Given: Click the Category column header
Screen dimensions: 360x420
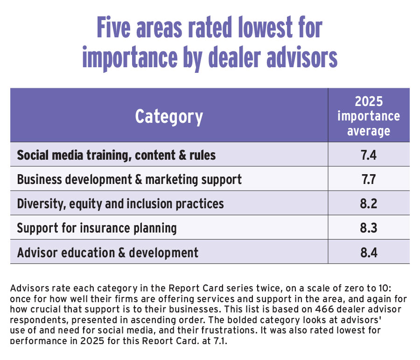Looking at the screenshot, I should pyautogui.click(x=169, y=116).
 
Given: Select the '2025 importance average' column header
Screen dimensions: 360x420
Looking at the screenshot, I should pyautogui.click(x=369, y=116).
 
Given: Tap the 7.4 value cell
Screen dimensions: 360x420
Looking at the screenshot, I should pyautogui.click(x=369, y=155).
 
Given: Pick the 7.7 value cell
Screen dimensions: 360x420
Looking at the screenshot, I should pyautogui.click(x=369, y=179).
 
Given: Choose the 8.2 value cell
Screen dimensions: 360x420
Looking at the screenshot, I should pyautogui.click(x=369, y=204).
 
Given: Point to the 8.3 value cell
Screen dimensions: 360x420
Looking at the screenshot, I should pyautogui.click(x=369, y=228).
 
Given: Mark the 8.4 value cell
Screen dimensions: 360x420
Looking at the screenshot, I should pyautogui.click(x=369, y=253).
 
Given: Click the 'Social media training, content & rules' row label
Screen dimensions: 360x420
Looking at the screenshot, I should pyautogui.click(x=116, y=155).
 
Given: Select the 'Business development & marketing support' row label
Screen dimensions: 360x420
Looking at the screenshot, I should pyautogui.click(x=129, y=179).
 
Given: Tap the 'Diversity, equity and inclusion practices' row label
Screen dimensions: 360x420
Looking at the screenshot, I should pyautogui.click(x=120, y=204).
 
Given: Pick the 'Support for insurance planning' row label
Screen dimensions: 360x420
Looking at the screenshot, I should pyautogui.click(x=97, y=228).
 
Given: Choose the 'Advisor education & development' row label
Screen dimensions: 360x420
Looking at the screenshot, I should pyautogui.click(x=107, y=253).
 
